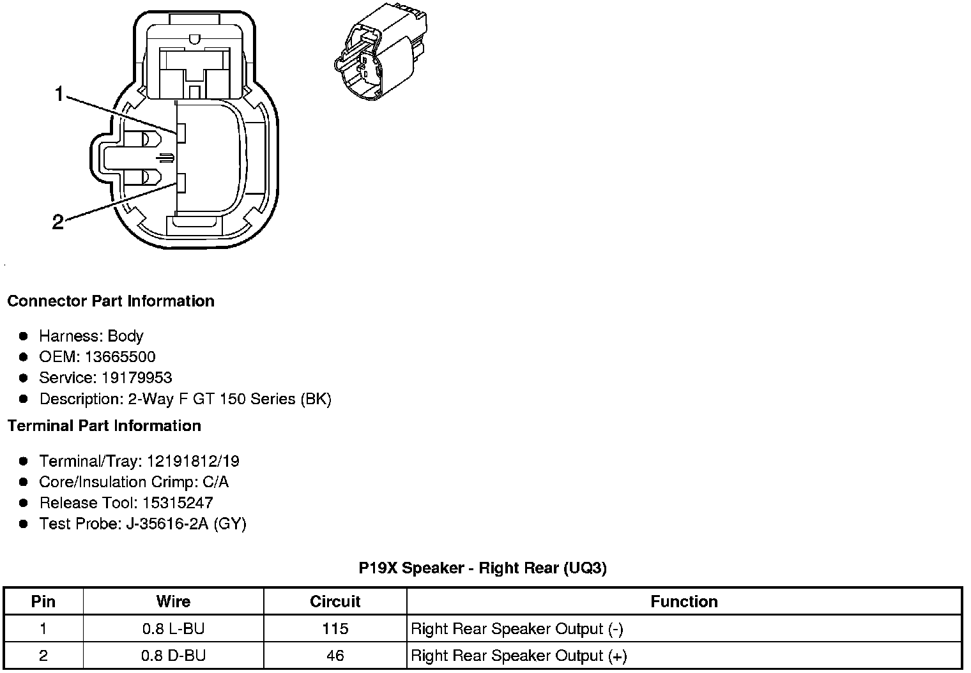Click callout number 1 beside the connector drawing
click(x=59, y=95)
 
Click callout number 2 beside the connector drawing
click(x=58, y=222)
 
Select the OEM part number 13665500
click(x=120, y=357)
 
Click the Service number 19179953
click(x=137, y=378)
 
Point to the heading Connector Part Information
click(x=111, y=301)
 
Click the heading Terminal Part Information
click(x=104, y=426)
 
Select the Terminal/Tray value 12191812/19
click(x=193, y=461)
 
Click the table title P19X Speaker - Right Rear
click(x=482, y=568)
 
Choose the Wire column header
click(x=173, y=601)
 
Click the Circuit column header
click(x=335, y=601)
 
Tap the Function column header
click(x=684, y=601)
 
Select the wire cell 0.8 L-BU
click(x=173, y=629)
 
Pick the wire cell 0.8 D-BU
click(x=173, y=656)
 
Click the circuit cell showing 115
click(x=335, y=629)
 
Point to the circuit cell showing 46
click(x=335, y=656)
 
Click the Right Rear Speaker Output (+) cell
click(x=519, y=656)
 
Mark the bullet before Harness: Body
click(x=24, y=336)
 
